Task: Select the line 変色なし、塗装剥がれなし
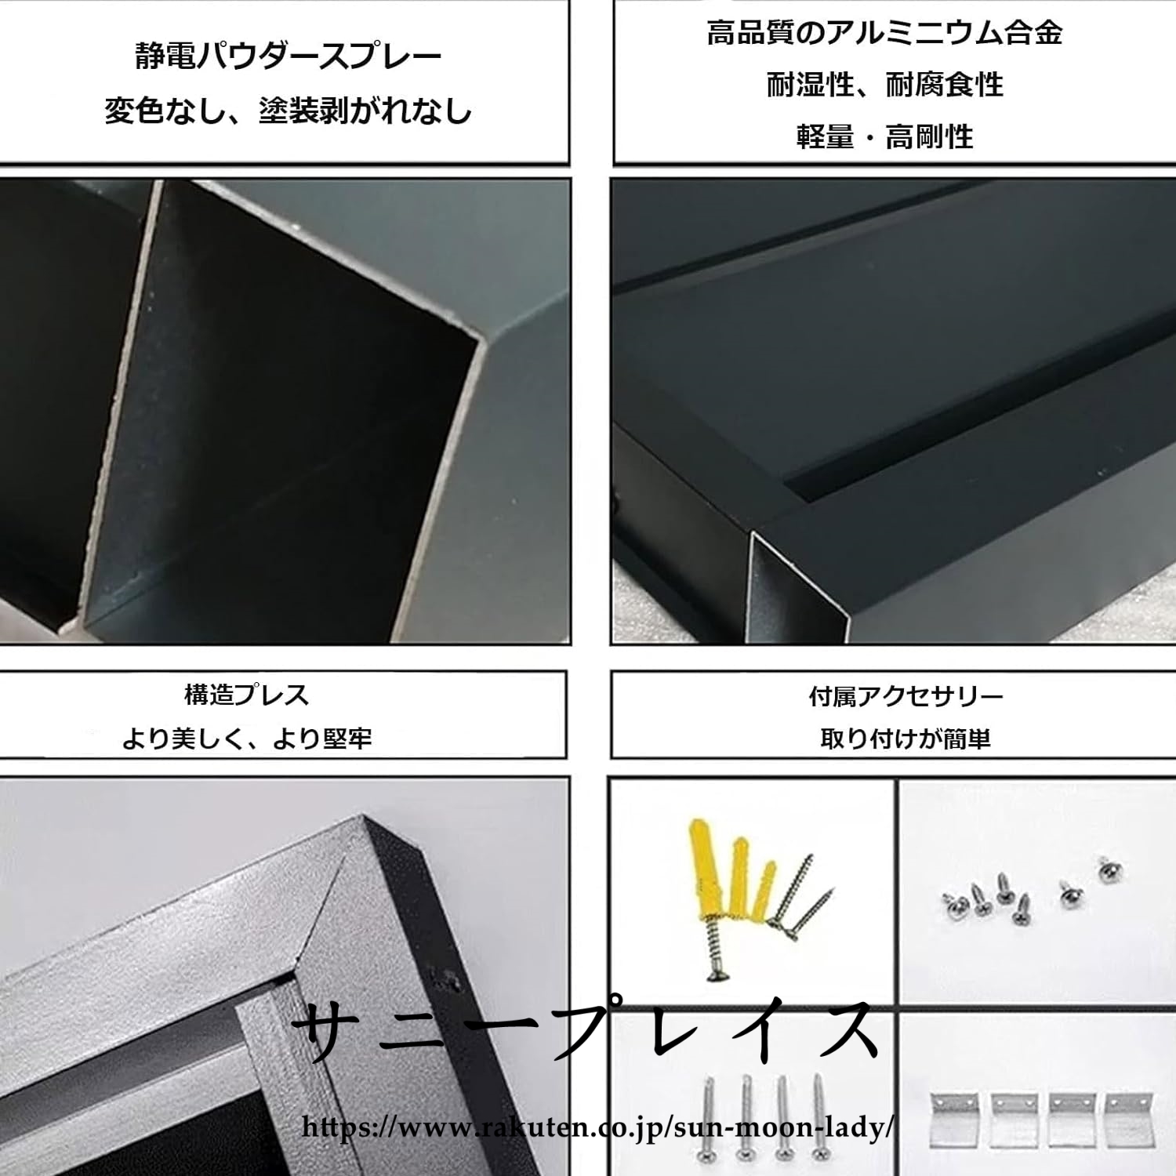[289, 111]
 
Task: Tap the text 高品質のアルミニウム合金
[884, 33]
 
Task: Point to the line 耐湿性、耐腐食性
[884, 85]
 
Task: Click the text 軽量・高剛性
[884, 137]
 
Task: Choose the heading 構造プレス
[246, 695]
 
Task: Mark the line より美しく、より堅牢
[246, 738]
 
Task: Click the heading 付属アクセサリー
[906, 696]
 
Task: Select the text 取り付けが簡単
[906, 739]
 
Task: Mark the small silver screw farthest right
[1109, 869]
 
